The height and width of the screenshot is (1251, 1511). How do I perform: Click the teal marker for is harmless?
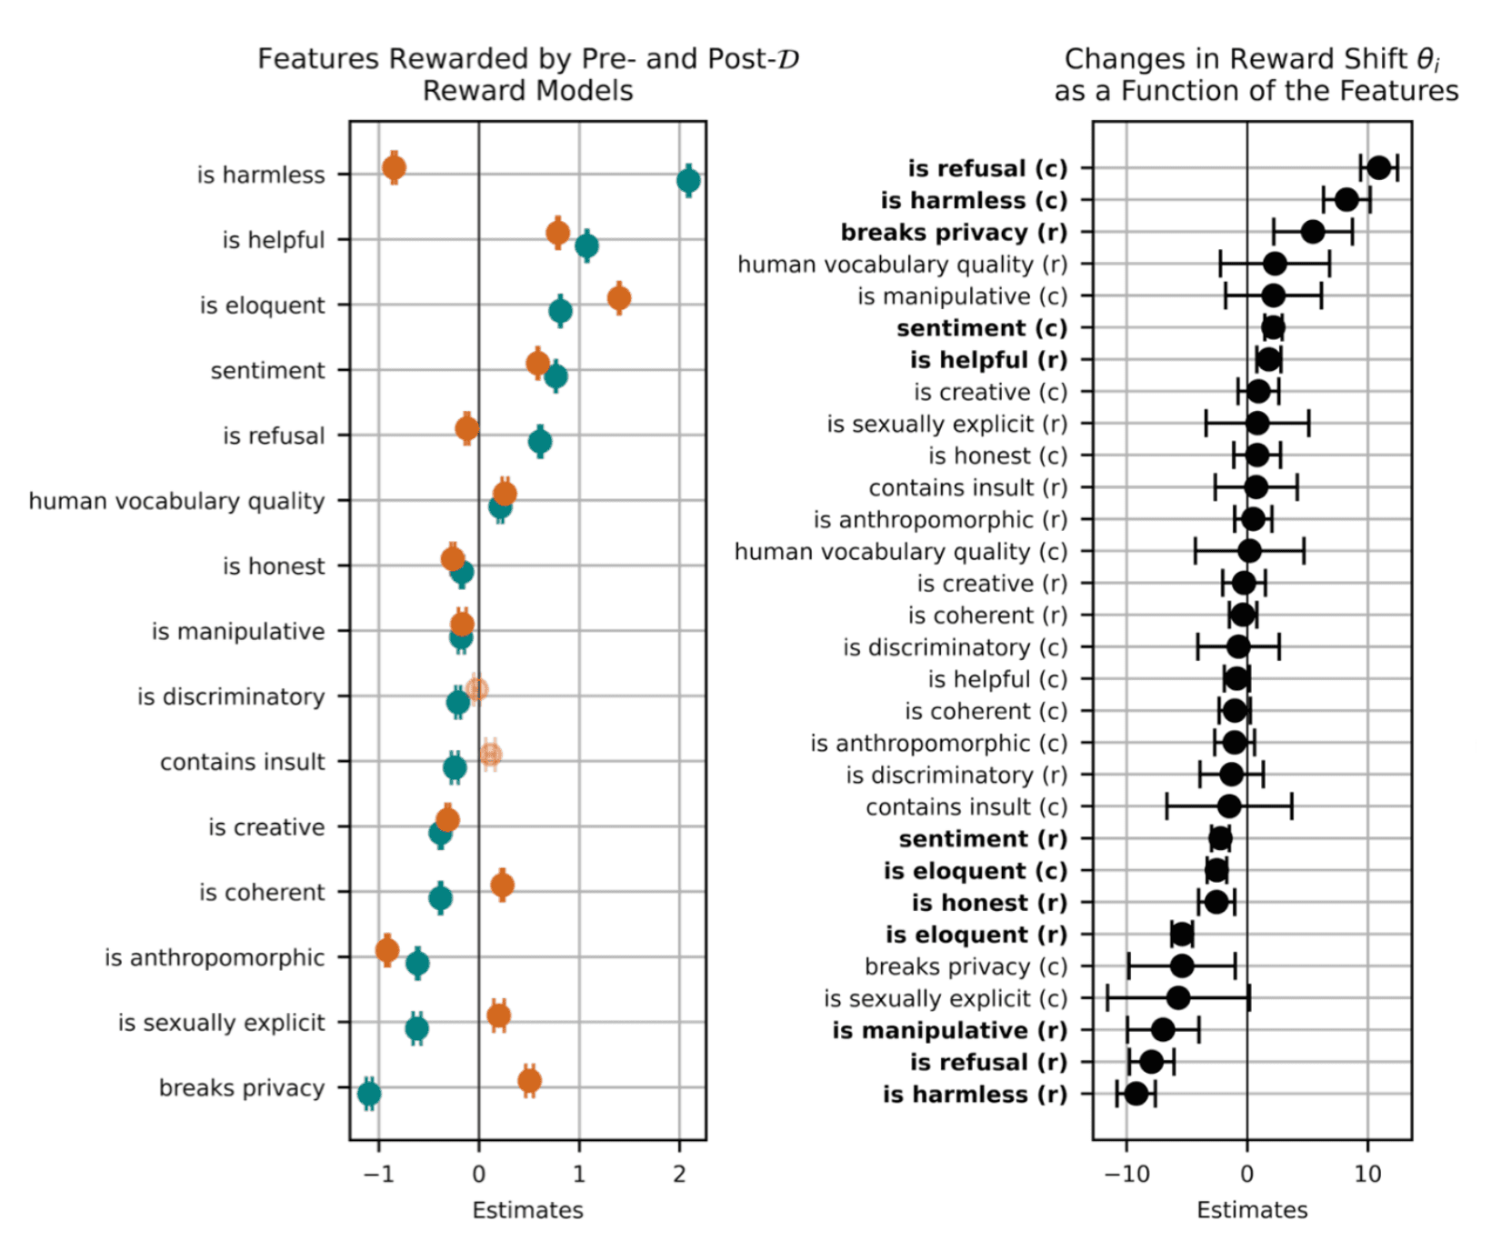(x=688, y=181)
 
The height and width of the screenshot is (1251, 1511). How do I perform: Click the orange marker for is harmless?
(x=394, y=167)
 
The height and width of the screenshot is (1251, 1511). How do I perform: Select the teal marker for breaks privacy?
(x=368, y=1094)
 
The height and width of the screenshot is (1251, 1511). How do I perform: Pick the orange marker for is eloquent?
(x=619, y=297)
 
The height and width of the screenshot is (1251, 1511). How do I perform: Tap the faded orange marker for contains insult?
(x=490, y=755)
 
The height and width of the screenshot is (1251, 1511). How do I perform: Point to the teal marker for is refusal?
(x=540, y=442)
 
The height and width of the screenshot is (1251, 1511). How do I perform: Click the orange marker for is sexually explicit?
(x=498, y=1016)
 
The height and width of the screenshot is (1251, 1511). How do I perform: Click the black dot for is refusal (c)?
(x=1379, y=168)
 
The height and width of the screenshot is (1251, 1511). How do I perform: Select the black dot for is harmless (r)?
(x=1136, y=1094)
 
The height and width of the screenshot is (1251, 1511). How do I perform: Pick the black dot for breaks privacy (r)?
(x=1313, y=232)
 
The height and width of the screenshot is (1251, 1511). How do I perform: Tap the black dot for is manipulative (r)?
(x=1163, y=1030)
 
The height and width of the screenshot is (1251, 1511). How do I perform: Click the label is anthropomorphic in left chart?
(x=215, y=958)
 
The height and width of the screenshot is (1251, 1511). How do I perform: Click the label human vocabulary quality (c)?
(x=900, y=552)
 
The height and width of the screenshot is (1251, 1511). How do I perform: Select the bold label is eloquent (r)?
(x=976, y=935)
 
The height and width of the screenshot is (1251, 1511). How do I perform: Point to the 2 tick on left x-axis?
(x=679, y=1175)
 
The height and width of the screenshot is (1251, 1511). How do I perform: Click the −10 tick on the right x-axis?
(x=1126, y=1175)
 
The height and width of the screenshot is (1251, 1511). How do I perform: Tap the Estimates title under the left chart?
(x=527, y=1210)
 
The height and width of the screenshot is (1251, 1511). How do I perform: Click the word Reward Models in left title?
(x=527, y=91)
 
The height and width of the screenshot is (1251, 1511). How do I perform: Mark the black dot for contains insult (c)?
(x=1229, y=806)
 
